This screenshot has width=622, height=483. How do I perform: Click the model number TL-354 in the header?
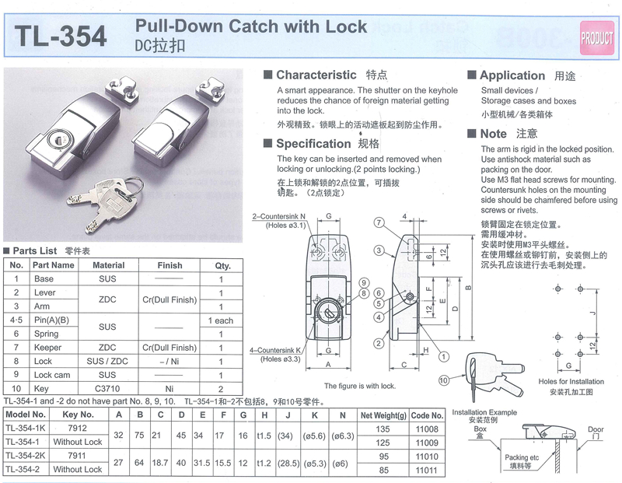point(61,37)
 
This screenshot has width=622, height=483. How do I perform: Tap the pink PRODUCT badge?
point(596,37)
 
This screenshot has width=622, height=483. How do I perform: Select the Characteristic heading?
point(316,75)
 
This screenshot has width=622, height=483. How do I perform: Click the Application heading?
point(512,75)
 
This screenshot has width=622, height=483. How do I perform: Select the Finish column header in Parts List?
point(169,265)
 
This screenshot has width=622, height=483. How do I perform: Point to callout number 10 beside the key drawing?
point(444,380)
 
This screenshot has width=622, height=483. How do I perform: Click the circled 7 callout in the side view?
point(379,222)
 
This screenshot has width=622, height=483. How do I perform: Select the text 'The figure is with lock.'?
point(359,386)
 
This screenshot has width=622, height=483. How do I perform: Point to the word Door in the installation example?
point(595,429)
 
